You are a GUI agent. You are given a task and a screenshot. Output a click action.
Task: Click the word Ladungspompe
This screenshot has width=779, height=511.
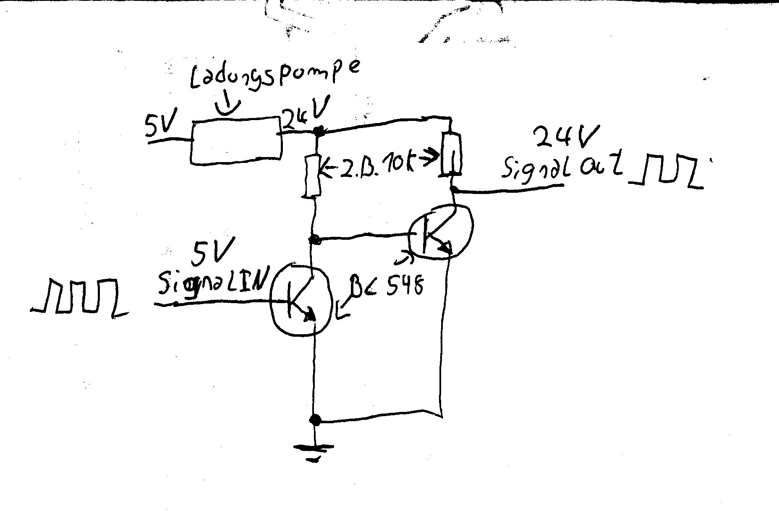(x=275, y=78)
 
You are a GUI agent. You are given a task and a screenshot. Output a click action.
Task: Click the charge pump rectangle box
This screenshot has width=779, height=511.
(x=236, y=140)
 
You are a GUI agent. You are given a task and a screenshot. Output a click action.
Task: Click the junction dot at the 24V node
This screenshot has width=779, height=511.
(x=319, y=131)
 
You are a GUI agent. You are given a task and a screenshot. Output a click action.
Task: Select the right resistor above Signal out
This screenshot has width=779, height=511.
(x=452, y=154)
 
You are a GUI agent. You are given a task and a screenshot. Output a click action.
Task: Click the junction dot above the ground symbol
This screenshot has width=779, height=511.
(x=314, y=419)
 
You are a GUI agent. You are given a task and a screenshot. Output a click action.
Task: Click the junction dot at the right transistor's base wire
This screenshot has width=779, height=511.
(x=314, y=240)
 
